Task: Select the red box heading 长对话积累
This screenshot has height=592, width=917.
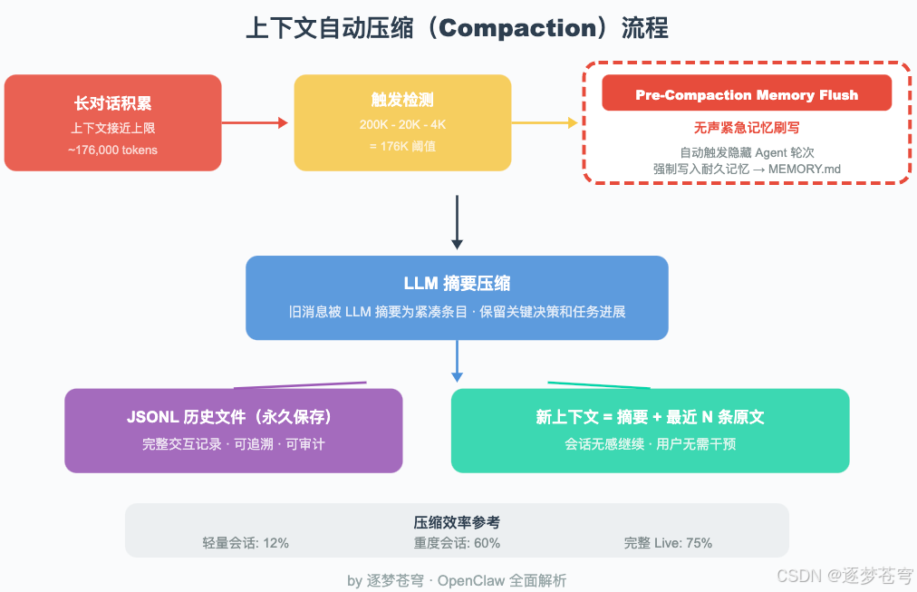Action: (x=113, y=103)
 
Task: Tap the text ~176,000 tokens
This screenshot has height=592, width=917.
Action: (x=113, y=150)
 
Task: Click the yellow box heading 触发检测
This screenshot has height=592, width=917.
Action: (x=402, y=100)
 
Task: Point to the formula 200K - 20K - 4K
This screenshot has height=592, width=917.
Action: (x=402, y=125)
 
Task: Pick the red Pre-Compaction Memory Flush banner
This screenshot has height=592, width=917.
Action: (x=747, y=95)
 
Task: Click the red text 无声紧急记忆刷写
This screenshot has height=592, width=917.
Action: (x=747, y=128)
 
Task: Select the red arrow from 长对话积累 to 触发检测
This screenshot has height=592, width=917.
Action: (x=255, y=122)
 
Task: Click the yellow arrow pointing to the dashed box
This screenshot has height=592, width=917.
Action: (x=545, y=123)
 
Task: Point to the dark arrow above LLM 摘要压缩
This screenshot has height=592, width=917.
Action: (x=457, y=222)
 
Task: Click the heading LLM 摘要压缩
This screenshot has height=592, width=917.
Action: (x=457, y=284)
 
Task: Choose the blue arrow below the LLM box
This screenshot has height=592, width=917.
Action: (x=457, y=361)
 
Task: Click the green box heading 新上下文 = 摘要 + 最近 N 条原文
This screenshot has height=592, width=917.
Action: (x=651, y=417)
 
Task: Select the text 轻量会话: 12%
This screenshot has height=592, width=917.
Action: (x=246, y=543)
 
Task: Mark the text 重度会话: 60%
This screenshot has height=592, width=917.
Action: (x=457, y=543)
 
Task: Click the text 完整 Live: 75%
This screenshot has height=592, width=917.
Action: (x=668, y=543)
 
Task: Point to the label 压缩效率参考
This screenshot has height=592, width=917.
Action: (x=457, y=522)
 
